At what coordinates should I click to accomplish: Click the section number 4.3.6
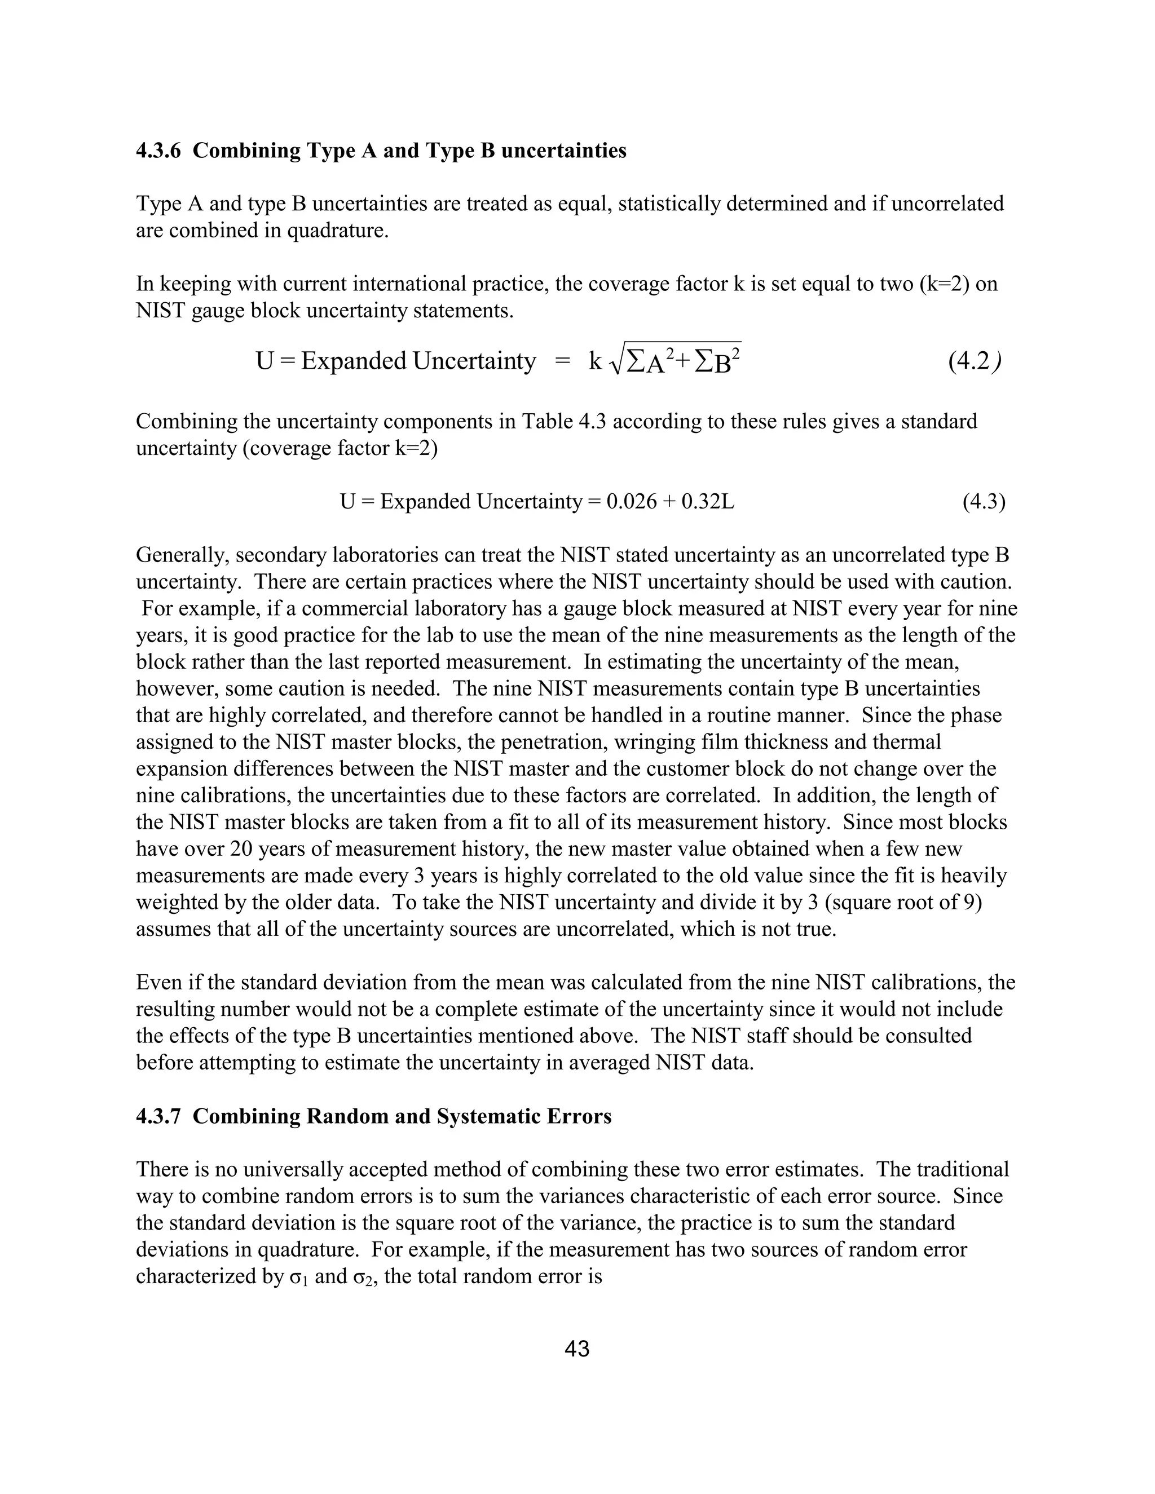tap(158, 151)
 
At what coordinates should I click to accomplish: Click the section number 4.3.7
tap(158, 1116)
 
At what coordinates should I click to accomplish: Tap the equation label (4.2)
tap(975, 361)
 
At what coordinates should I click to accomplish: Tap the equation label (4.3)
tap(983, 502)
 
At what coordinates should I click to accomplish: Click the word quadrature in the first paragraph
tap(337, 231)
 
